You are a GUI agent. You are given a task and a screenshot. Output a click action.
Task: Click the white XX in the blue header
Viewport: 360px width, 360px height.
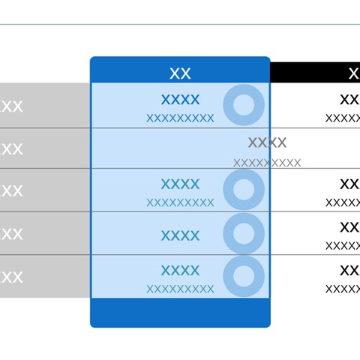tap(180, 73)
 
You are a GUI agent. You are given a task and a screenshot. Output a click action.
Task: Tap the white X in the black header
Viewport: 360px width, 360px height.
tap(355, 73)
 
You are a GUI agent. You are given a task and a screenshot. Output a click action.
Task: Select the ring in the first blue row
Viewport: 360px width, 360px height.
tap(244, 105)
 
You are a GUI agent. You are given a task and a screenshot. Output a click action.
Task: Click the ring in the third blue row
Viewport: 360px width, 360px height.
tap(244, 189)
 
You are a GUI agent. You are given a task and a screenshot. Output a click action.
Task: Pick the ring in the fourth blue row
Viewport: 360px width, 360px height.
tap(244, 233)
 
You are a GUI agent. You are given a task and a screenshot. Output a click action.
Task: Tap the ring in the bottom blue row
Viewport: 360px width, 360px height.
tap(244, 276)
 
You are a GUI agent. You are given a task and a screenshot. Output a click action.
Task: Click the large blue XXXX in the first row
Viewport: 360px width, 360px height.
tap(180, 100)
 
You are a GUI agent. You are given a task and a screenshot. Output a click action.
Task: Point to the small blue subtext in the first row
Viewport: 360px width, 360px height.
tap(180, 118)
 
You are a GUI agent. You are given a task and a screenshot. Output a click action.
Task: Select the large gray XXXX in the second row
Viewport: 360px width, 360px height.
tap(267, 142)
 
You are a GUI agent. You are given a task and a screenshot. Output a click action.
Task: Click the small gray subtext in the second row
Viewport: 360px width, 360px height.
tap(267, 163)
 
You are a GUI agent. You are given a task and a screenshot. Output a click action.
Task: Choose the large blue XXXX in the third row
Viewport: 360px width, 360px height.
tap(180, 184)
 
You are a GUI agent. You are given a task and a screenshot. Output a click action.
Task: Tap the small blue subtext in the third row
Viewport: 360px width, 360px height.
tap(180, 202)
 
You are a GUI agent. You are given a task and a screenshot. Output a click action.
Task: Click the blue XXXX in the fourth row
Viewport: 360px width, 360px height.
tap(180, 235)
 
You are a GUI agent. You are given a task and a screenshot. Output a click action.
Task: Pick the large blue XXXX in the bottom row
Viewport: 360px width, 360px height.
tap(180, 270)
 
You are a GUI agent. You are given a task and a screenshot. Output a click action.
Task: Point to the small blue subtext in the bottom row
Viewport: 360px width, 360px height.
tap(180, 289)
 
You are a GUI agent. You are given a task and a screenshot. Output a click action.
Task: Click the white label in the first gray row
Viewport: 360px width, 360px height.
tap(11, 106)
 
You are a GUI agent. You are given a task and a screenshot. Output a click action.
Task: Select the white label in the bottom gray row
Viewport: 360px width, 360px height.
tap(11, 277)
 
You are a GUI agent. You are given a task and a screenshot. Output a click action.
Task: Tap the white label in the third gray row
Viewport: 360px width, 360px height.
tap(11, 191)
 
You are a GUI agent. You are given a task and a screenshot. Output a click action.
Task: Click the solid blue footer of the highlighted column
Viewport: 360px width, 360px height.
tap(180, 313)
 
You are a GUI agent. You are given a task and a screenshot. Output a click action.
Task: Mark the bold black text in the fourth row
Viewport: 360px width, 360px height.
tap(350, 227)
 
